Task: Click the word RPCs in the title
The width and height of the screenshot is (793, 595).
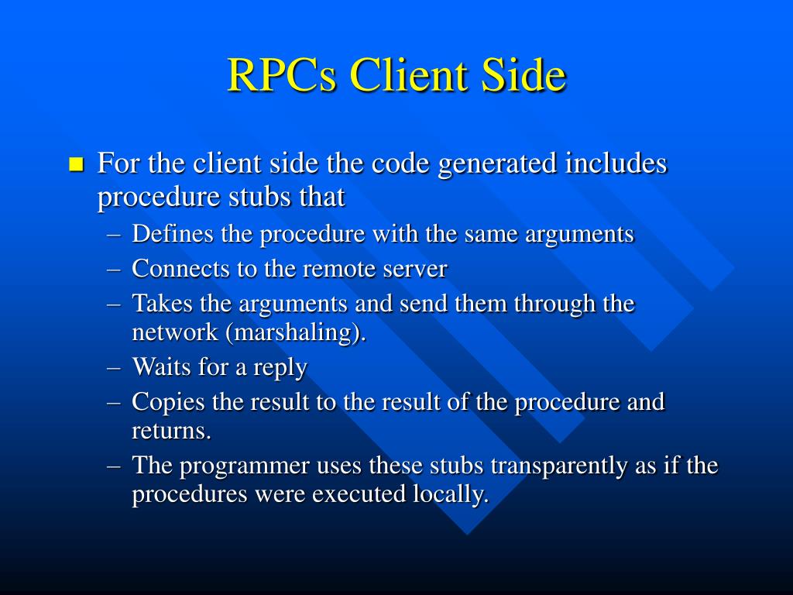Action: pyautogui.click(x=282, y=76)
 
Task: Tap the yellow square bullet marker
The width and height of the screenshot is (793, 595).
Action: pyautogui.click(x=76, y=165)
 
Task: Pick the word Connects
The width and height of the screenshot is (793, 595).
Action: pyautogui.click(x=181, y=269)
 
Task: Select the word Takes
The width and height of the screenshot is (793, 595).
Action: pyautogui.click(x=160, y=303)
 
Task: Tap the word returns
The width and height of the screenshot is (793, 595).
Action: pyautogui.click(x=171, y=431)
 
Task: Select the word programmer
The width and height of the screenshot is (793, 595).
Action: pyautogui.click(x=245, y=466)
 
